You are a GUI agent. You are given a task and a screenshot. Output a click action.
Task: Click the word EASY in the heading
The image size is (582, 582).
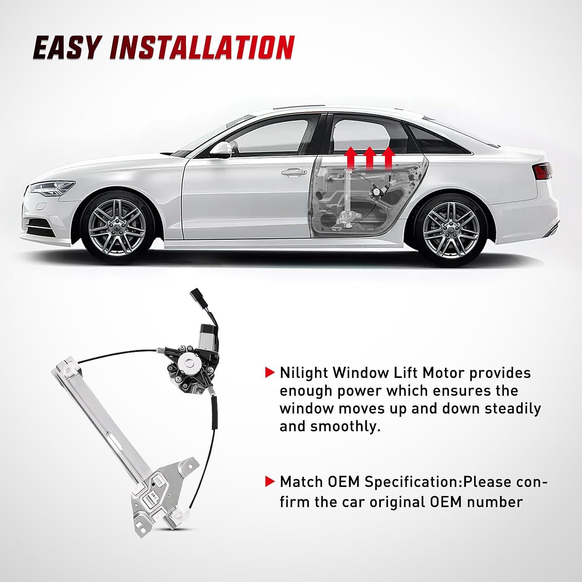coord(68,48)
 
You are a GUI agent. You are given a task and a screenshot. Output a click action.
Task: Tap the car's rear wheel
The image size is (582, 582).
coord(450,225)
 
